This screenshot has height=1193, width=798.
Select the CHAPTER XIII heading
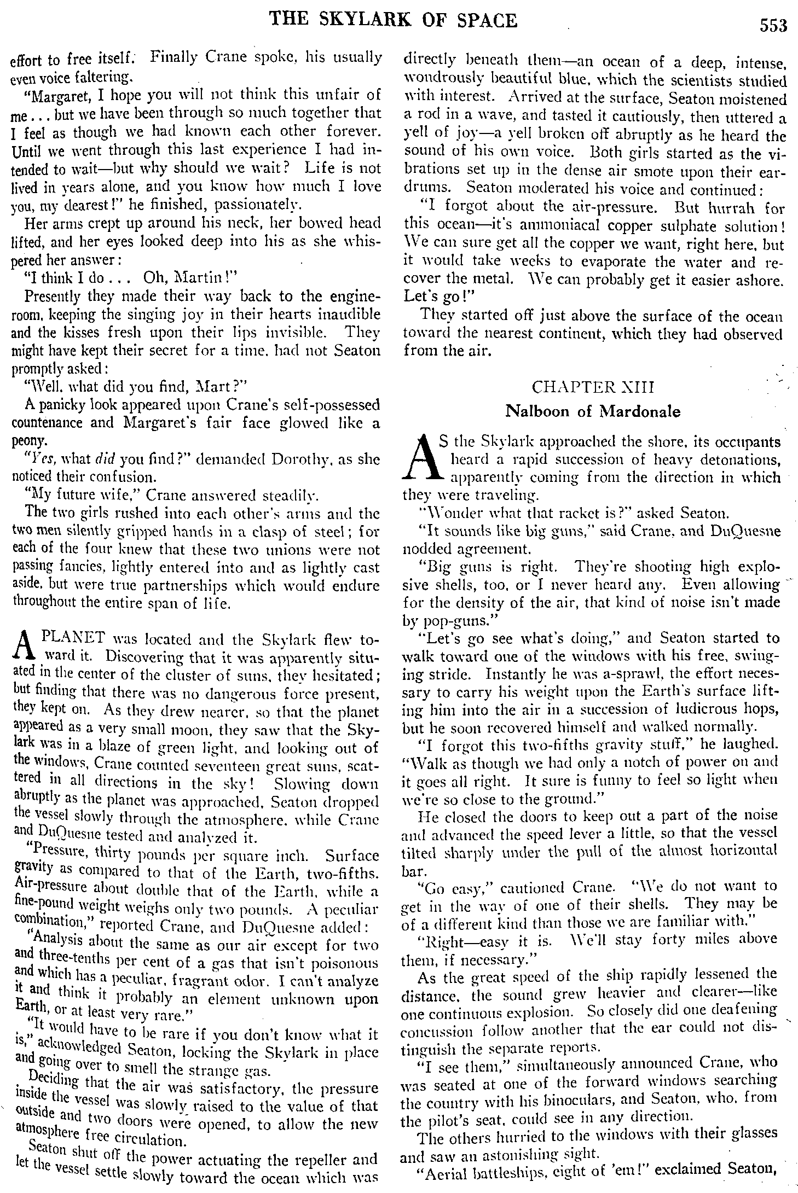pyautogui.click(x=593, y=387)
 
